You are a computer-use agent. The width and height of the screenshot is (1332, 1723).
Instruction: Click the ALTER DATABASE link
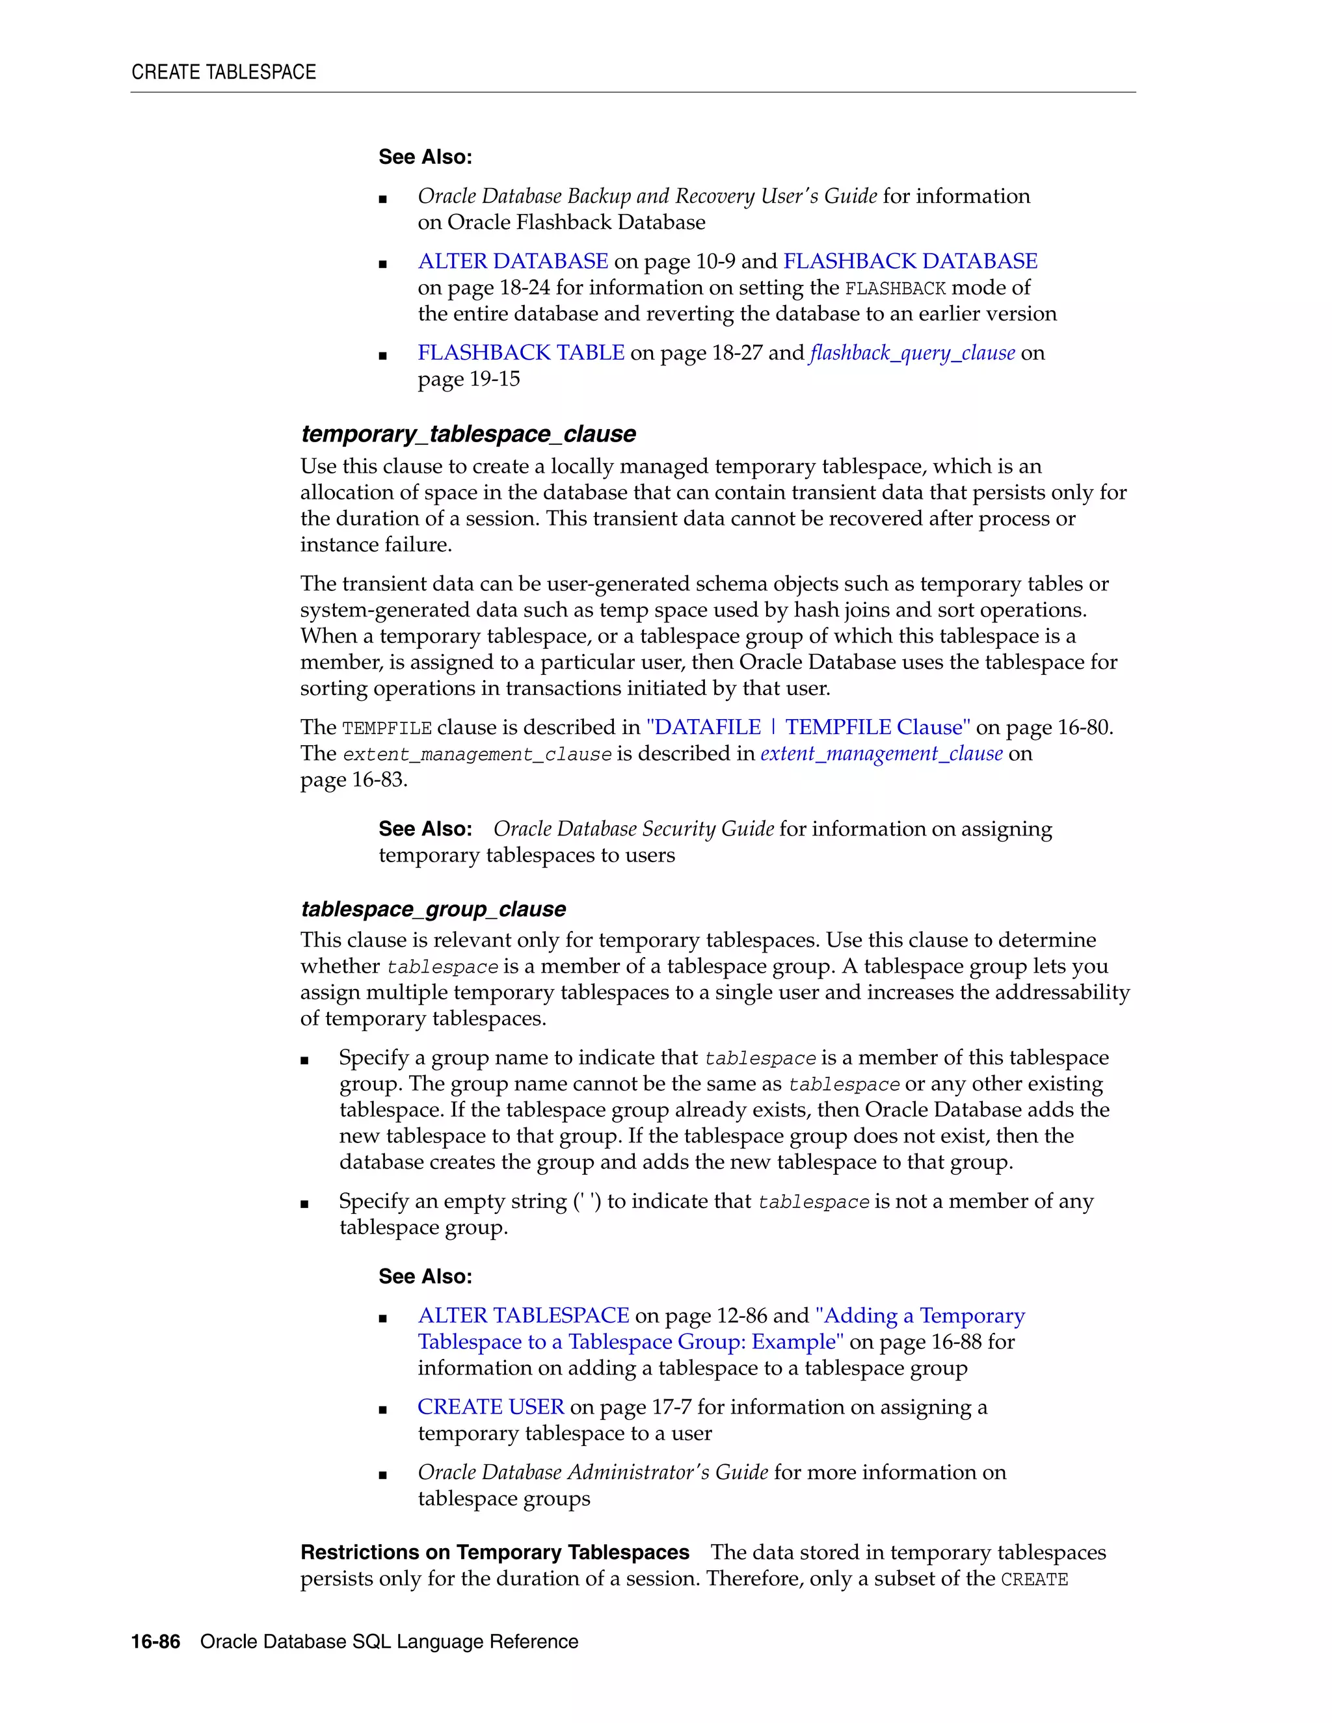pyautogui.click(x=513, y=261)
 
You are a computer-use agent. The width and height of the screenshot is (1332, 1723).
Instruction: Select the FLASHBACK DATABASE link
pyautogui.click(x=910, y=261)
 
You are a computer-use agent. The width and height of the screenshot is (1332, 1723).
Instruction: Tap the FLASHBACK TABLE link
pyautogui.click(x=521, y=352)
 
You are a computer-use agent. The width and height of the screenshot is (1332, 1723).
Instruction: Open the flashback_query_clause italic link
pyautogui.click(x=912, y=352)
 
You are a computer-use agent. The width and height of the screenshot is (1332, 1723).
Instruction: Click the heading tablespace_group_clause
pyautogui.click(x=433, y=909)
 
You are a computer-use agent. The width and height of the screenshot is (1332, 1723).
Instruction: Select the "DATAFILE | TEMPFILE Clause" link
pyautogui.click(x=808, y=728)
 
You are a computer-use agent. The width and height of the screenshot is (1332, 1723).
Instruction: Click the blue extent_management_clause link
pyautogui.click(x=881, y=754)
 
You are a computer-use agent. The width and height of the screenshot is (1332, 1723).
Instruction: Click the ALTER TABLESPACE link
pyautogui.click(x=523, y=1316)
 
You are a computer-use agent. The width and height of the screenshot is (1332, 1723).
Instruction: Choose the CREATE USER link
pyautogui.click(x=491, y=1406)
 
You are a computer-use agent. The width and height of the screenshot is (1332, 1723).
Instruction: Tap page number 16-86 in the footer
pyautogui.click(x=155, y=1642)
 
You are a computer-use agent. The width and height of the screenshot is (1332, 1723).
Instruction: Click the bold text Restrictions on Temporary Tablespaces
pyautogui.click(x=495, y=1553)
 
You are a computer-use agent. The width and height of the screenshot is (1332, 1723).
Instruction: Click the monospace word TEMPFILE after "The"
pyautogui.click(x=387, y=728)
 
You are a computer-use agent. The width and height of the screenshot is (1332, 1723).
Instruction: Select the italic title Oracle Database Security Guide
pyautogui.click(x=633, y=829)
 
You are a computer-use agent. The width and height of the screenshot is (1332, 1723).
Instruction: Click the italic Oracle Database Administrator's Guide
pyautogui.click(x=593, y=1472)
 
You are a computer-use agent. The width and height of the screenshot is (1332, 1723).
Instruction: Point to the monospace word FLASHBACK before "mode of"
pyautogui.click(x=895, y=289)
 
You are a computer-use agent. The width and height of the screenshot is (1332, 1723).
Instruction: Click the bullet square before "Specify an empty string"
pyautogui.click(x=304, y=1204)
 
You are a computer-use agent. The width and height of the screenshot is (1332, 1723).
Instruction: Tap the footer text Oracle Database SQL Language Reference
pyautogui.click(x=389, y=1642)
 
